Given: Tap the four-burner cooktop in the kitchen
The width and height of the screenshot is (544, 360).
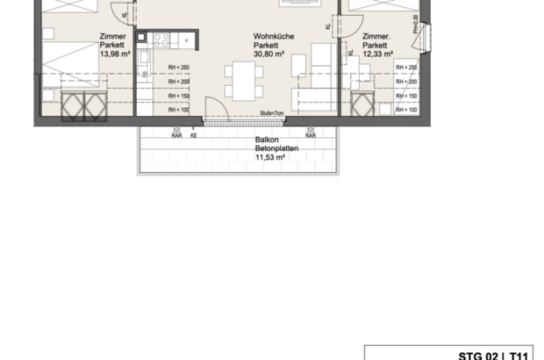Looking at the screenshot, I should pos(161,39).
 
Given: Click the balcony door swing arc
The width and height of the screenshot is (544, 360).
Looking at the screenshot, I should pos(213,111).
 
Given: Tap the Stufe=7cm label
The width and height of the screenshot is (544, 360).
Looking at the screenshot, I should pos(273,114).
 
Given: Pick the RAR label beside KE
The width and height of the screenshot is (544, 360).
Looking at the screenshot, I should pos(177,136).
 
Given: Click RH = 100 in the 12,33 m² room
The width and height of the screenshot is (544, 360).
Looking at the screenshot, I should pos(405,110).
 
